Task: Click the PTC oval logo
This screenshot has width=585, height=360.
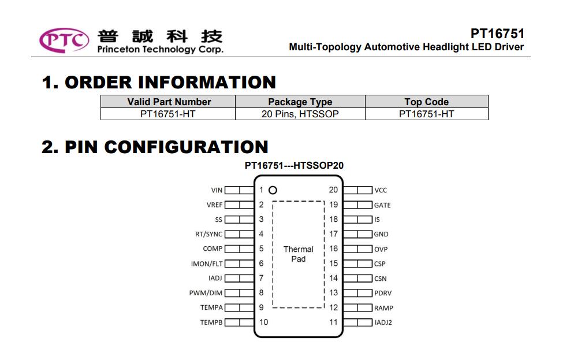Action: point(64,40)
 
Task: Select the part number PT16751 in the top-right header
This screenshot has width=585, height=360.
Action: point(497,34)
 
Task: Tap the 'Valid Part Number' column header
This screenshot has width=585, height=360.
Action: point(169,102)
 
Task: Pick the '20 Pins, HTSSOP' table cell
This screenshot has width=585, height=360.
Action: point(300,114)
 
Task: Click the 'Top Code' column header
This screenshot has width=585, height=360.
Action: point(426,102)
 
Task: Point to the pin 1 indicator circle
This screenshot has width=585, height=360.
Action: point(273,190)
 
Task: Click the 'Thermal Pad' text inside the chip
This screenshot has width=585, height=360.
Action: point(299,254)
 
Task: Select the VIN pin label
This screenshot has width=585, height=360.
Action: point(217,190)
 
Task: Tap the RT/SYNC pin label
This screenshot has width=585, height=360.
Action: point(208,234)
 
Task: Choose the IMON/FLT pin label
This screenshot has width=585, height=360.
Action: point(207,263)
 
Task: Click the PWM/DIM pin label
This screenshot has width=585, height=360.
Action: point(206,293)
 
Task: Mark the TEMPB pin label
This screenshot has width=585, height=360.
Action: point(211,322)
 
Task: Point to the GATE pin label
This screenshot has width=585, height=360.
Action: point(382,205)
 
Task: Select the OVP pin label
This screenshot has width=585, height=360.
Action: point(381,249)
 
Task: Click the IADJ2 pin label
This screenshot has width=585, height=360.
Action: point(383,322)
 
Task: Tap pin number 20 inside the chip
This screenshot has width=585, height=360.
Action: point(333,190)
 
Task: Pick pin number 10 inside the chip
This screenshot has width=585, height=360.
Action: point(264,322)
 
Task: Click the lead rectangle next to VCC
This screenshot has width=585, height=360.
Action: point(357,190)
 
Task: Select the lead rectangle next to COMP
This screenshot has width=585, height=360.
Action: point(239,248)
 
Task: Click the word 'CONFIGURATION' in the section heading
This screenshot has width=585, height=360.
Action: point(186,147)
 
